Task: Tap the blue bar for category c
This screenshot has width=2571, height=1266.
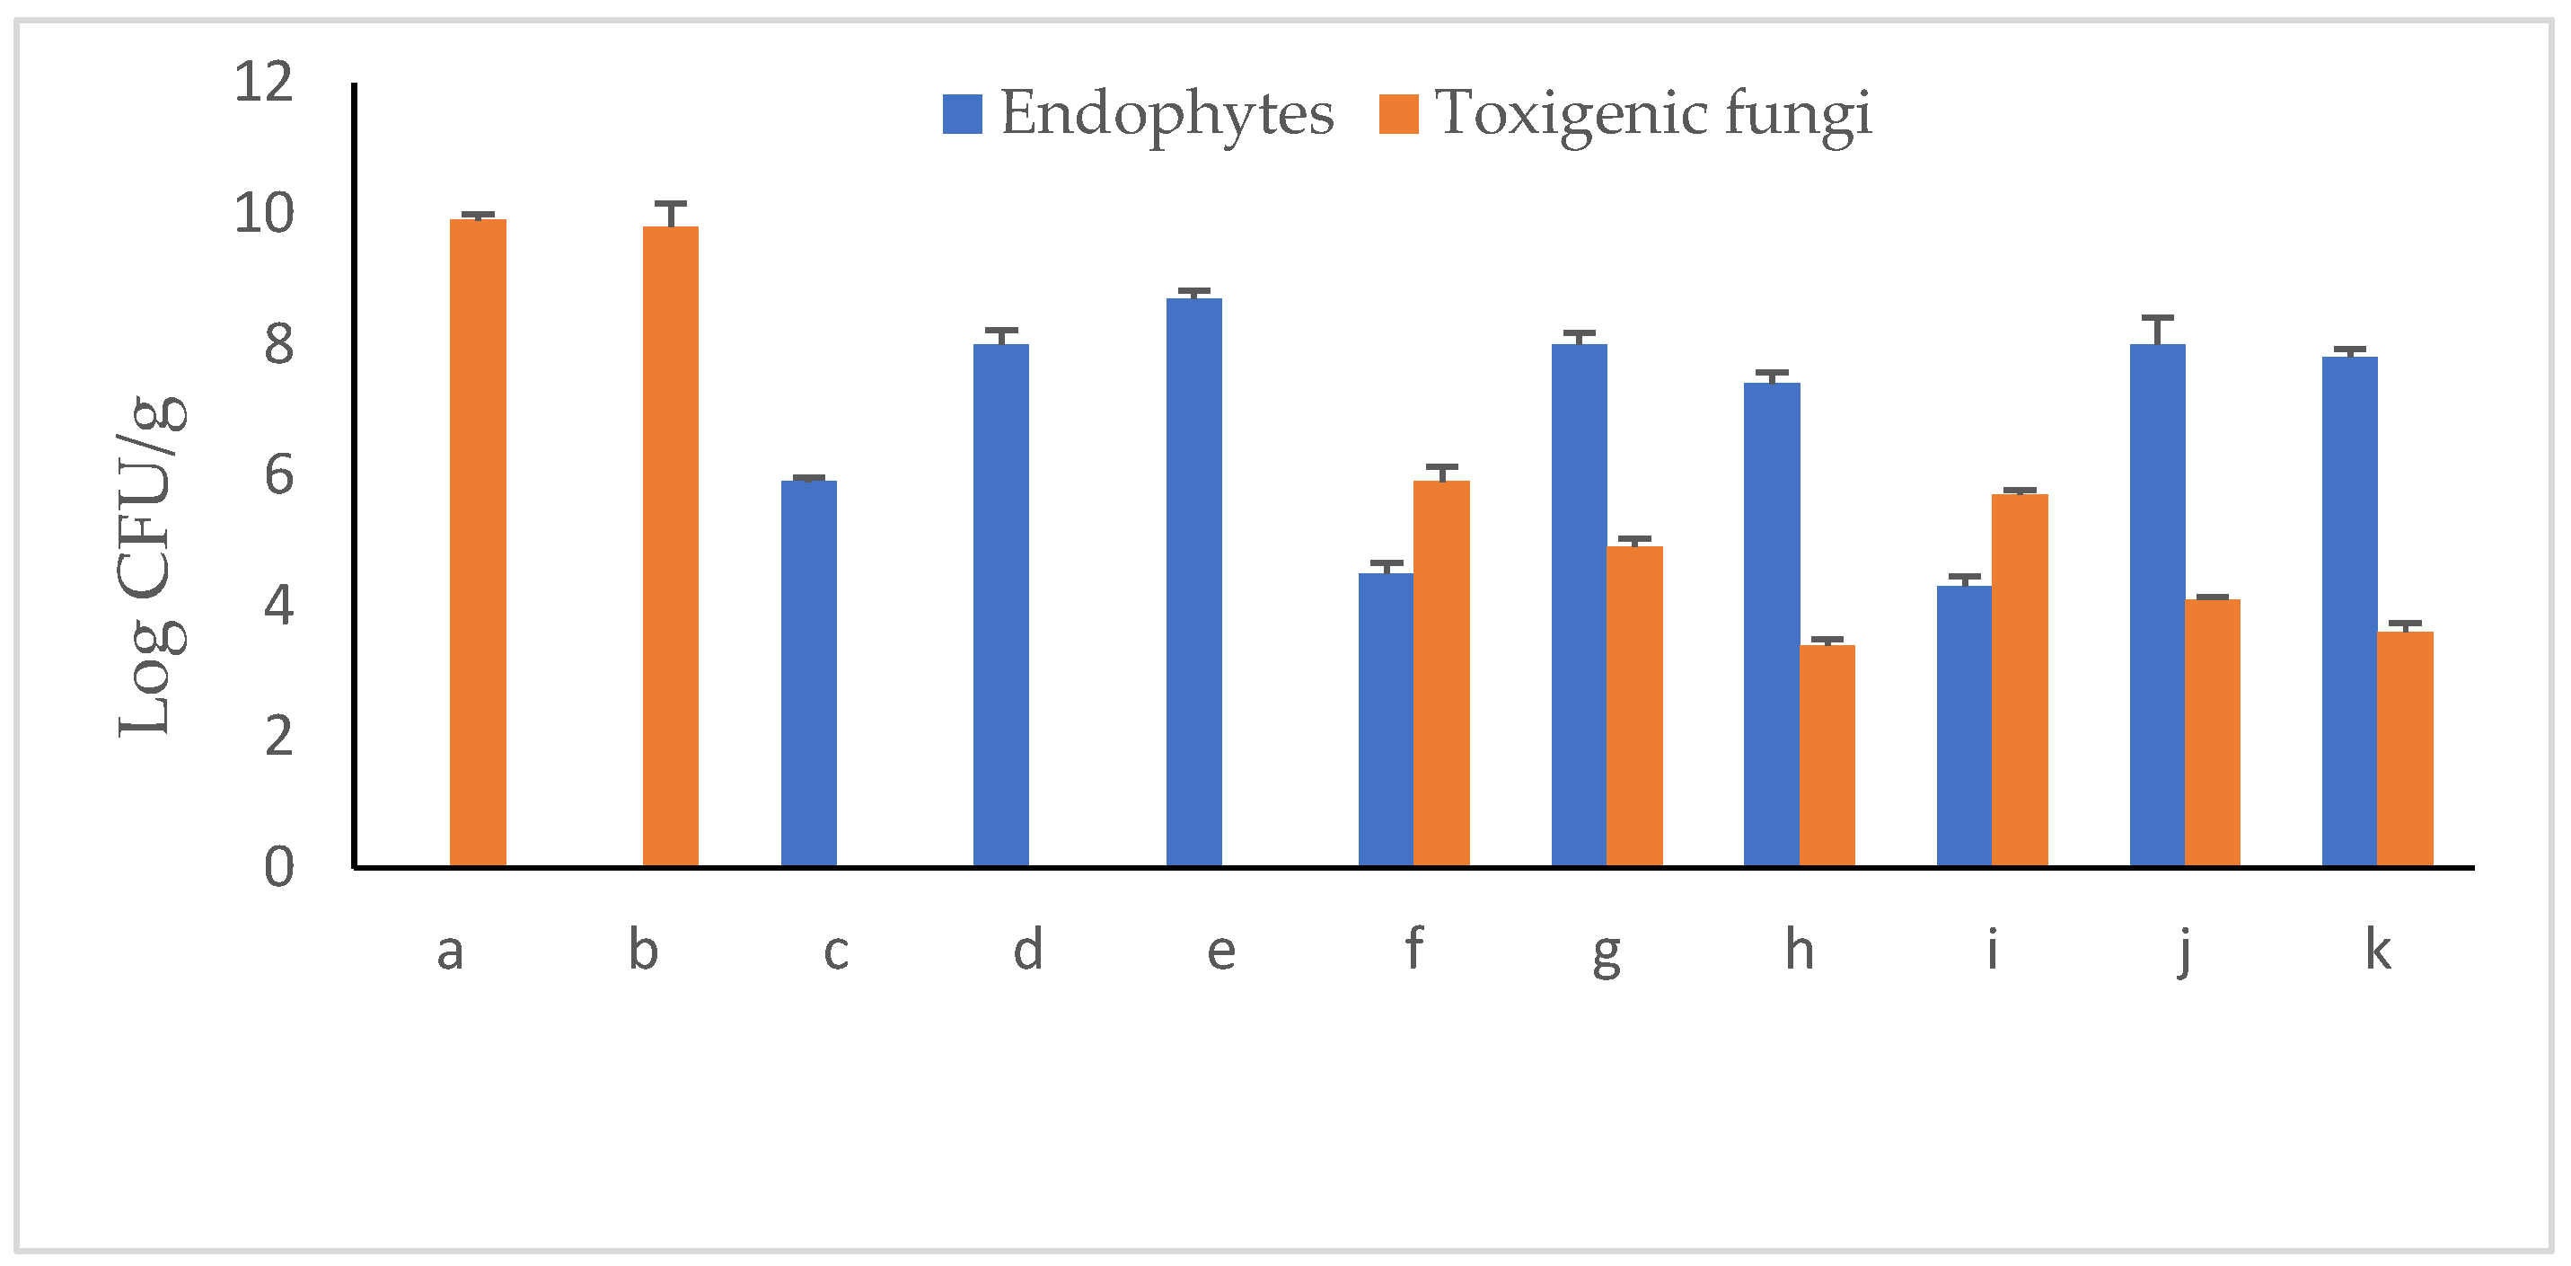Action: (x=808, y=673)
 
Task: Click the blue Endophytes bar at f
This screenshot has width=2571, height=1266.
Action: (x=1386, y=719)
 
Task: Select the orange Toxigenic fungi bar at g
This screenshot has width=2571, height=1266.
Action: (x=1633, y=706)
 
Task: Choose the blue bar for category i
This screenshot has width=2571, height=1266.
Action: (x=1963, y=726)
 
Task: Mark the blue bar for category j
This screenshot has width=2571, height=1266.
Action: (x=2157, y=605)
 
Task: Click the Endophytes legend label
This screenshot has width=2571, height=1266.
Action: (x=1166, y=113)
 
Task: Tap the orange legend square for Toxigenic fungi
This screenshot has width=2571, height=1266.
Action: (x=1397, y=114)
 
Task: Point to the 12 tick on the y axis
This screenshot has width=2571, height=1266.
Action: (x=263, y=82)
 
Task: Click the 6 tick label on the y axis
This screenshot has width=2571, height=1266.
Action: (x=278, y=475)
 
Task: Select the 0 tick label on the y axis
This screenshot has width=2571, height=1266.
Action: (x=278, y=868)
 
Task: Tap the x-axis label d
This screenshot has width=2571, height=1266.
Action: (x=1028, y=950)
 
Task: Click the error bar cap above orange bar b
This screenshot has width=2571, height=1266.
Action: (x=670, y=204)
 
